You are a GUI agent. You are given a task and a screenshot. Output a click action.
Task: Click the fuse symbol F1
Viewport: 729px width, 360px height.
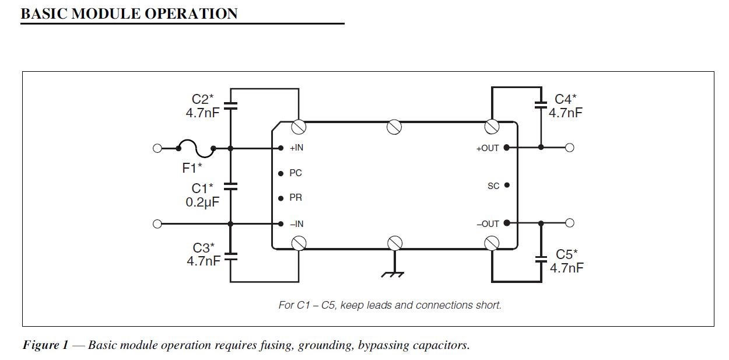195,149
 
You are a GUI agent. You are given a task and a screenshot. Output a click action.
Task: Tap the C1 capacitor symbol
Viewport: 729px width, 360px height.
231,187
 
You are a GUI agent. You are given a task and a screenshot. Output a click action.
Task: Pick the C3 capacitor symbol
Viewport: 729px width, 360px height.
231,255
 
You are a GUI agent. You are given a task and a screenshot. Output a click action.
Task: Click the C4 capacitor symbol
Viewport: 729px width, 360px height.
541,106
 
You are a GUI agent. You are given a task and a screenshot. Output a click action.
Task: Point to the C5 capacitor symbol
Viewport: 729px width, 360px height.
541,258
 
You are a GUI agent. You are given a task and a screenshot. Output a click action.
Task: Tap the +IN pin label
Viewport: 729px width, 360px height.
296,148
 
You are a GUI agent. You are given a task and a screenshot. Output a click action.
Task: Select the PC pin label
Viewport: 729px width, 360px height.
296,173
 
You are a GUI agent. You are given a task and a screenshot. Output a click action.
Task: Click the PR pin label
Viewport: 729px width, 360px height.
296,198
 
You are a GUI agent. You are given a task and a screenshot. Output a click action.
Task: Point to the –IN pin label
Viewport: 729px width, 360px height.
296,224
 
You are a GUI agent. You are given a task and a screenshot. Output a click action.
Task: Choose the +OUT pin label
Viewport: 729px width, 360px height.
488,148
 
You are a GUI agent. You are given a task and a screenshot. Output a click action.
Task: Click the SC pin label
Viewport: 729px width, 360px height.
493,186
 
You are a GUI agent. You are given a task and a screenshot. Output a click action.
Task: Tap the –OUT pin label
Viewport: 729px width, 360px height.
488,224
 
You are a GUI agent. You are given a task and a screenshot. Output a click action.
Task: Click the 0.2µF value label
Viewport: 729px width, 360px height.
202,202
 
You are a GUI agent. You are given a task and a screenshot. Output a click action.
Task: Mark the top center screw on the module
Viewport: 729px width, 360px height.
394,127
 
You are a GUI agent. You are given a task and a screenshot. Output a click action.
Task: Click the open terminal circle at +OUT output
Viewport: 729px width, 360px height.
570,148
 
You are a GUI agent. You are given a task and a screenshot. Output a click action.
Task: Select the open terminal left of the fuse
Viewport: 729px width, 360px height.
157,149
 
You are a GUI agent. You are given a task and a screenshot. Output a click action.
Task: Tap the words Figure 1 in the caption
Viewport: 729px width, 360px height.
45,345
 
